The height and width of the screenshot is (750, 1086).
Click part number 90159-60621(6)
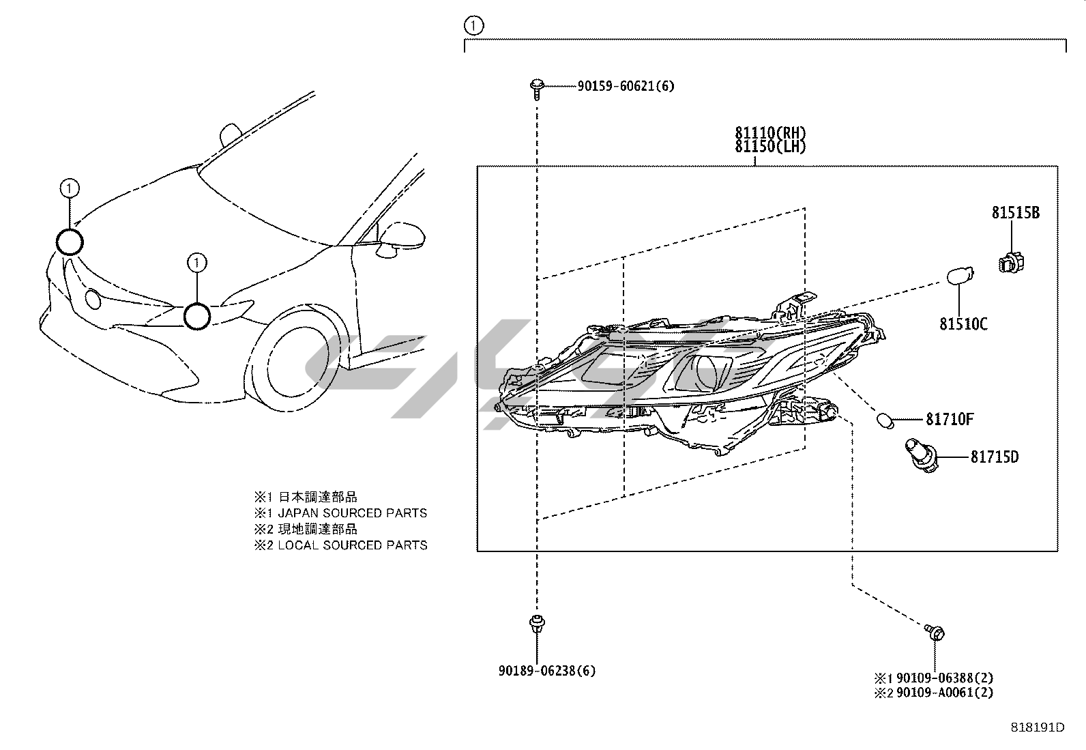[626, 87]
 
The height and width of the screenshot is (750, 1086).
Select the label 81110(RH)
[770, 132]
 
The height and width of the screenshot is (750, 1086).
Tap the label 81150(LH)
[770, 147]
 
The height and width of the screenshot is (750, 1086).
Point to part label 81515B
[1015, 213]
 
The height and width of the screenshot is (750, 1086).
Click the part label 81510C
[963, 324]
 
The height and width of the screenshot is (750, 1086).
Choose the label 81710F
[950, 419]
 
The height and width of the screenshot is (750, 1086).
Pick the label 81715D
[994, 457]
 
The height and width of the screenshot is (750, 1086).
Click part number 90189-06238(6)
[546, 671]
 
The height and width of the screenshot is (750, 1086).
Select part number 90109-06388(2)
[944, 678]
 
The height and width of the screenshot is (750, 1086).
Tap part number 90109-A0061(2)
[944, 693]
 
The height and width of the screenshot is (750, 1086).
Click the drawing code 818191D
[1037, 727]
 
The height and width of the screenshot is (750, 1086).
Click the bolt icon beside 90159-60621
[536, 87]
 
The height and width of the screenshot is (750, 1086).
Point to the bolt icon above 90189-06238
[536, 624]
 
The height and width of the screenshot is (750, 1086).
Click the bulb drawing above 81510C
[960, 276]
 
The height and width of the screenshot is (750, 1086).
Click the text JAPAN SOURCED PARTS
[352, 513]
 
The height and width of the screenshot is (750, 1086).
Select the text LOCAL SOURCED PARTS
[352, 545]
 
